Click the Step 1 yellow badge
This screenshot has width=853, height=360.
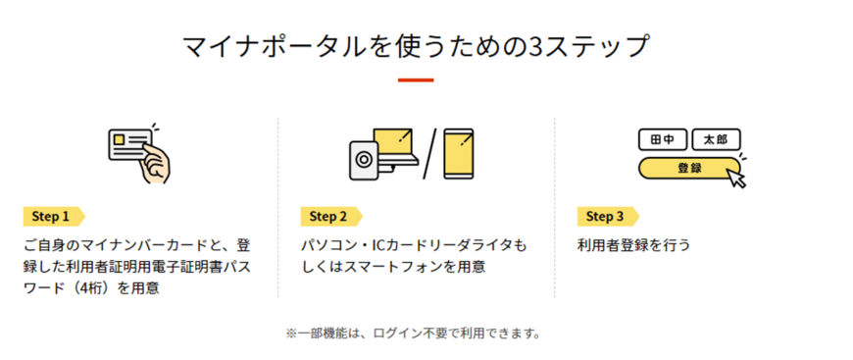tap(53, 216)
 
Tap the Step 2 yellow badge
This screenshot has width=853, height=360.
tap(330, 216)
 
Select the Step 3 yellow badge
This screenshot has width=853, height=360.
tap(607, 216)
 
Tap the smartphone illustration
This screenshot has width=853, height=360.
tap(461, 154)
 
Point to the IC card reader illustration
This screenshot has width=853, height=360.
tap(362, 160)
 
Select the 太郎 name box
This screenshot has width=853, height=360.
tap(716, 139)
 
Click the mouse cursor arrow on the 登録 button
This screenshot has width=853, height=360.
tap(736, 178)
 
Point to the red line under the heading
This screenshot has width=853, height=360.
tap(416, 79)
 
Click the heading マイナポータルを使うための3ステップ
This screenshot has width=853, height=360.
tap(416, 45)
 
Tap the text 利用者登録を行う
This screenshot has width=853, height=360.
tap(633, 244)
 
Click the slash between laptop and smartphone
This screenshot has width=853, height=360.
tap(429, 154)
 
